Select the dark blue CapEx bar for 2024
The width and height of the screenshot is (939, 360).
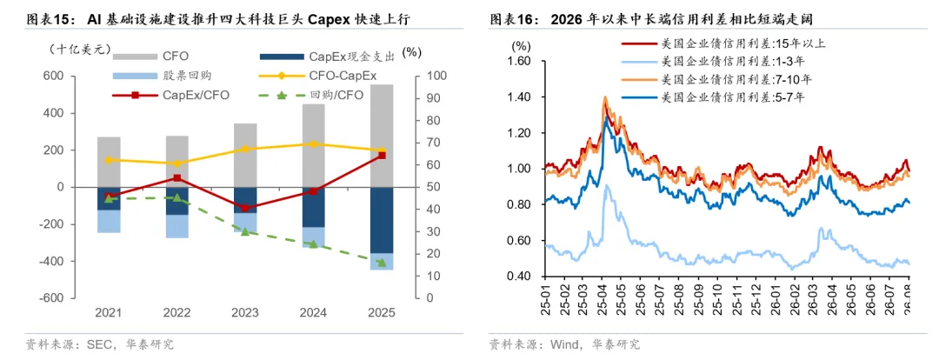(x=313, y=207)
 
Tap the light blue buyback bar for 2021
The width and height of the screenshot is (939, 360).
(x=109, y=222)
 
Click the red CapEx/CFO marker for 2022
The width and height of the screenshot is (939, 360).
(x=176, y=178)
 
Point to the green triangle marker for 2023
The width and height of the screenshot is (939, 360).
(x=245, y=231)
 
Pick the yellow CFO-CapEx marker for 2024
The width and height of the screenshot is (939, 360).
(x=313, y=143)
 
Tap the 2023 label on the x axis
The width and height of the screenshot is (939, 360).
(x=245, y=313)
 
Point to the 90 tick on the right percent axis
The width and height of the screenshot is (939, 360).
(x=432, y=98)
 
